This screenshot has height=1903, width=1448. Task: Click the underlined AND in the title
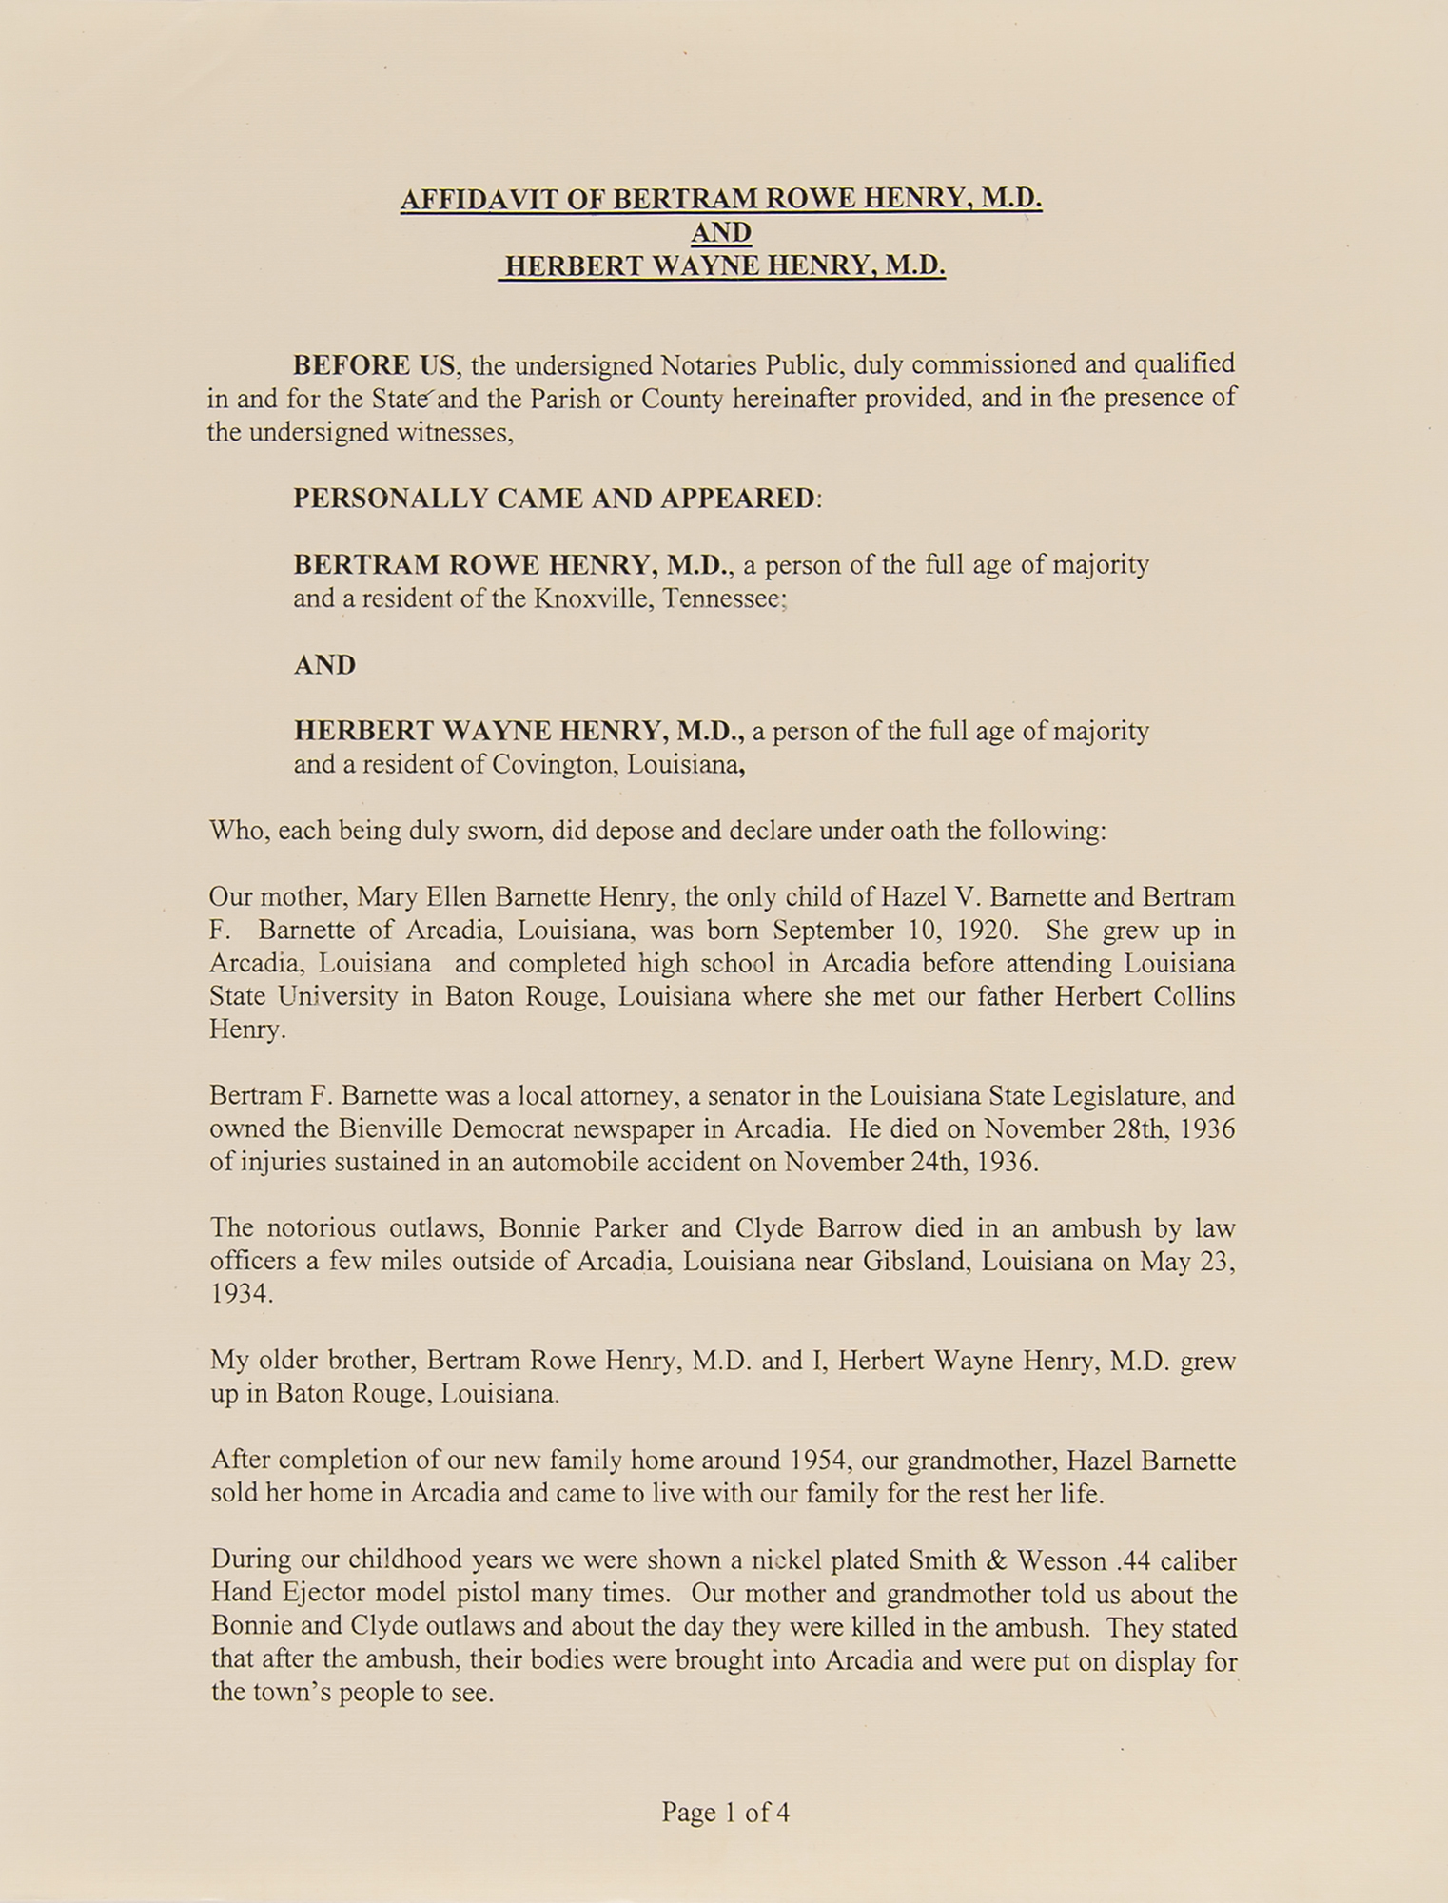click(721, 232)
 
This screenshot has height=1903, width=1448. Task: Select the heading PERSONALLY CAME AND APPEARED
click(556, 499)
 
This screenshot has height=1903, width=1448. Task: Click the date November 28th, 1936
click(1108, 1129)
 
